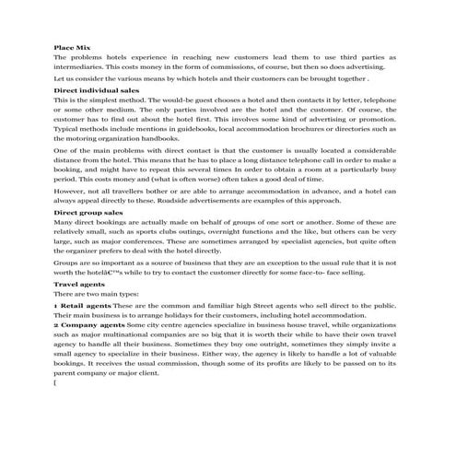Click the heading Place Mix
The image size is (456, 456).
click(x=73, y=45)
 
